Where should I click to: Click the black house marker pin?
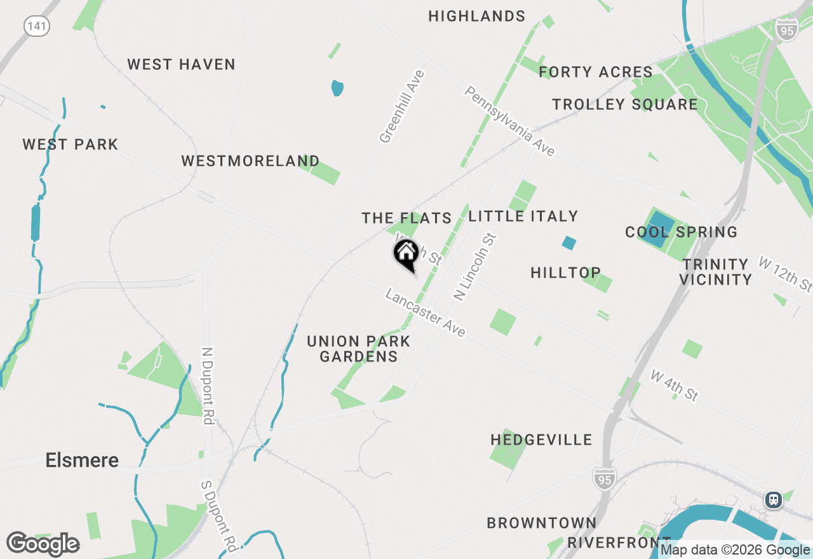pos(406,255)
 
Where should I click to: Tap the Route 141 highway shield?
pos(37,26)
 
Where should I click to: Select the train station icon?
pos(774,499)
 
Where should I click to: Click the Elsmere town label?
pos(82,460)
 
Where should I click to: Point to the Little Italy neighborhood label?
pos(523,216)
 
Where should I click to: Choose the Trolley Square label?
pos(624,104)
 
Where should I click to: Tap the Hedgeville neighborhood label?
pos(541,440)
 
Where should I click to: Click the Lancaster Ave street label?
pos(426,314)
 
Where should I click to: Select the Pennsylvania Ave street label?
pos(510,121)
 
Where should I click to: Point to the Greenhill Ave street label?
pos(402,107)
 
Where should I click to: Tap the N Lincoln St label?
pos(474,267)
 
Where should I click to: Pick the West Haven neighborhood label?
pos(181,64)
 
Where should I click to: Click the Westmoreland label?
pos(250,161)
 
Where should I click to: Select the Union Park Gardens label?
pos(359,349)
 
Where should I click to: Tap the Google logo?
pos(43,544)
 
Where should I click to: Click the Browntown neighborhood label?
pos(541,523)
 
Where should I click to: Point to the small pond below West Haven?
pos(337,88)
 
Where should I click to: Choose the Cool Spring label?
pos(681,232)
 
